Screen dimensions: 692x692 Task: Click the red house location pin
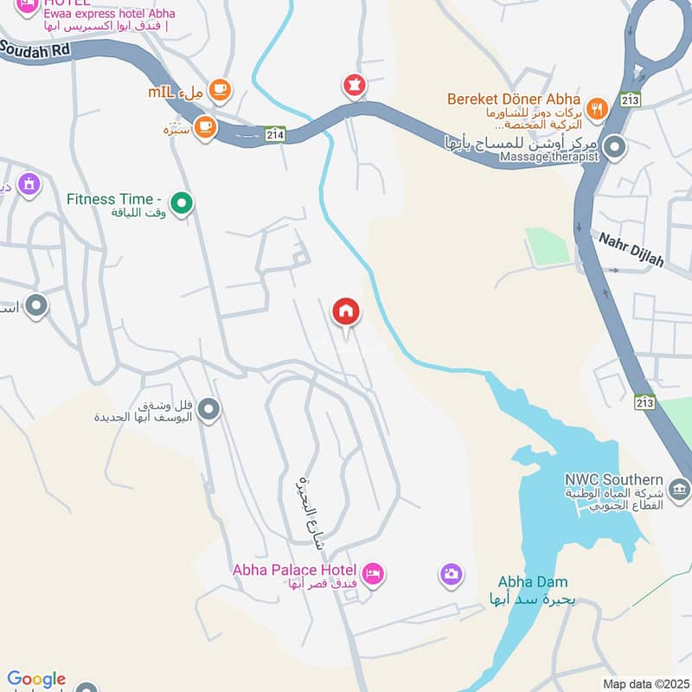[346, 312]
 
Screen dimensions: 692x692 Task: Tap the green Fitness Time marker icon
[182, 203]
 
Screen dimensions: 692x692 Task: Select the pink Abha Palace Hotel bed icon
[373, 573]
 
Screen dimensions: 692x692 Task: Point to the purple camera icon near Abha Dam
[451, 573]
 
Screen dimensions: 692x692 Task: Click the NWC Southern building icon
[680, 490]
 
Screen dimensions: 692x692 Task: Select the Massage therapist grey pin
[615, 147]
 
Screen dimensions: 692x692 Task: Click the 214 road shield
[276, 134]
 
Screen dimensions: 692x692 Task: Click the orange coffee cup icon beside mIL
[220, 89]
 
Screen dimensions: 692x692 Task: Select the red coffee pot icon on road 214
[354, 86]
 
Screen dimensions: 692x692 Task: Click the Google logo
[36, 680]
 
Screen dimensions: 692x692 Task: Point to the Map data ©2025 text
[644, 683]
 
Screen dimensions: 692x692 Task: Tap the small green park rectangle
[548, 247]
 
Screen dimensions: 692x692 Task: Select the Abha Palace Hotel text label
[294, 570]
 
